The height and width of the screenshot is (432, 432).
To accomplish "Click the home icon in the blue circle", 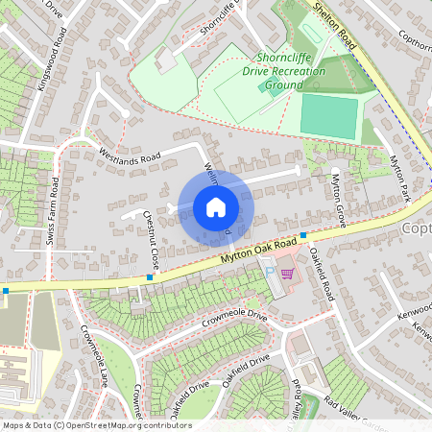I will [215, 207].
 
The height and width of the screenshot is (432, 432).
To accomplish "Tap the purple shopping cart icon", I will [285, 274].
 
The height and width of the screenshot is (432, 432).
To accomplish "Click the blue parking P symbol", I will [270, 273].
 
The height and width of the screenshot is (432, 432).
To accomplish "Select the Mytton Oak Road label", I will [237, 257].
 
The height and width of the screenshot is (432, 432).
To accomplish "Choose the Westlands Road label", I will [129, 156].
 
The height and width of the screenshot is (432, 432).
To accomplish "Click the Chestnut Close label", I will [151, 239].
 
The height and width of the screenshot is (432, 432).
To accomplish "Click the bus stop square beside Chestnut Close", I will [150, 277].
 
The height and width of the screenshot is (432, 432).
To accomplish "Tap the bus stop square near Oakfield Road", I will [303, 234].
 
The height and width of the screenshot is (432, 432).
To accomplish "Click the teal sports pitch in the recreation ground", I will [328, 115].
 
